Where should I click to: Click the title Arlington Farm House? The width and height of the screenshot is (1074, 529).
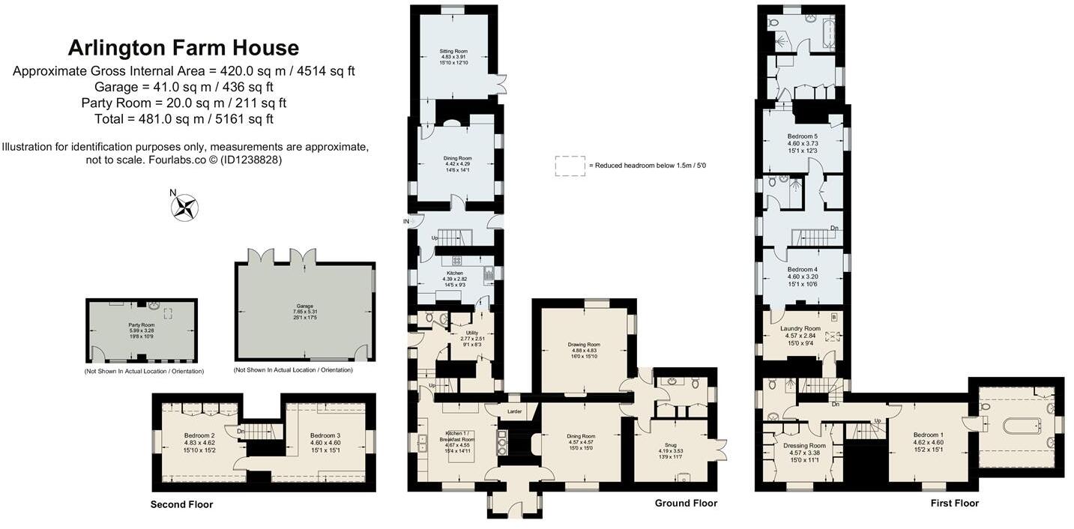coord(184,48)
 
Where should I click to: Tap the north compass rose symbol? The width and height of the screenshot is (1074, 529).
coord(184,208)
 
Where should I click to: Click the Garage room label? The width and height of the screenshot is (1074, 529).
coord(304,306)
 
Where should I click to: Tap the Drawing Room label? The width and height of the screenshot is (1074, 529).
coord(584,345)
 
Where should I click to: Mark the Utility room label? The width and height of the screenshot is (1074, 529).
coord(471,333)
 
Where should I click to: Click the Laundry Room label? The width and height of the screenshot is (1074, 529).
coord(800,329)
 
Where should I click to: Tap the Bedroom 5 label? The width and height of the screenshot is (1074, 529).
coord(802,136)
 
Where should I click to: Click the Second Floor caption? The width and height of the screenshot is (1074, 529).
coord(181,504)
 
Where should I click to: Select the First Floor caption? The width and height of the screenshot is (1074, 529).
coord(954,503)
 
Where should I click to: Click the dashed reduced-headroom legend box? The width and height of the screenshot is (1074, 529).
coord(569,166)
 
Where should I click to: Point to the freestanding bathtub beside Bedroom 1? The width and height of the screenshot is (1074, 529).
coord(1022,426)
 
